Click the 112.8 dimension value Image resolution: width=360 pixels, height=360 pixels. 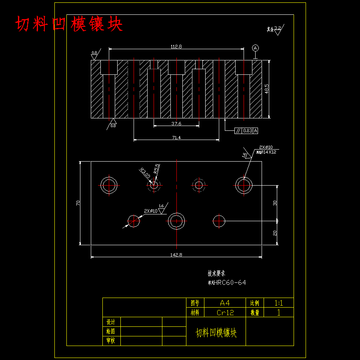176,46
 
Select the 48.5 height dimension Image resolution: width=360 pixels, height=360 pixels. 267,89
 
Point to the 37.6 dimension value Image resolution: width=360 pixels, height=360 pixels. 176,124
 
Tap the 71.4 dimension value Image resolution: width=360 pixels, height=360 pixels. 176,138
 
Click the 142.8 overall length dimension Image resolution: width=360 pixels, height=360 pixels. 176,255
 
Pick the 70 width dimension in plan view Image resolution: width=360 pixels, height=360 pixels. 78,203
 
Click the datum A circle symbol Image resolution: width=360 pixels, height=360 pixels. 255,48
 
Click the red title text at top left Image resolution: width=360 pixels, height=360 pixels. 69,24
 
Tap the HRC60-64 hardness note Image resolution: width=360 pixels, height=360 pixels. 227,283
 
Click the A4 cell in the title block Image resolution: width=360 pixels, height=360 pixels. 225,303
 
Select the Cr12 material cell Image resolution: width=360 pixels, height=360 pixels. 225,312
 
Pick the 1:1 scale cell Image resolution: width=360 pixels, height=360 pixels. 279,303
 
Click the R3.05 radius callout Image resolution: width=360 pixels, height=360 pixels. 145,173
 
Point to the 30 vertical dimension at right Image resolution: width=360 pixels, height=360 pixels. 275,203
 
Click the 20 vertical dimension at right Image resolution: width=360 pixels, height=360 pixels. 275,233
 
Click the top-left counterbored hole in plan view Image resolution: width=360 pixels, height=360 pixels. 109,185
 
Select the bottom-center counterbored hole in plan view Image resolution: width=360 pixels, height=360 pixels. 176,221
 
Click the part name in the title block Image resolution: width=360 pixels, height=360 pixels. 216,333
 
